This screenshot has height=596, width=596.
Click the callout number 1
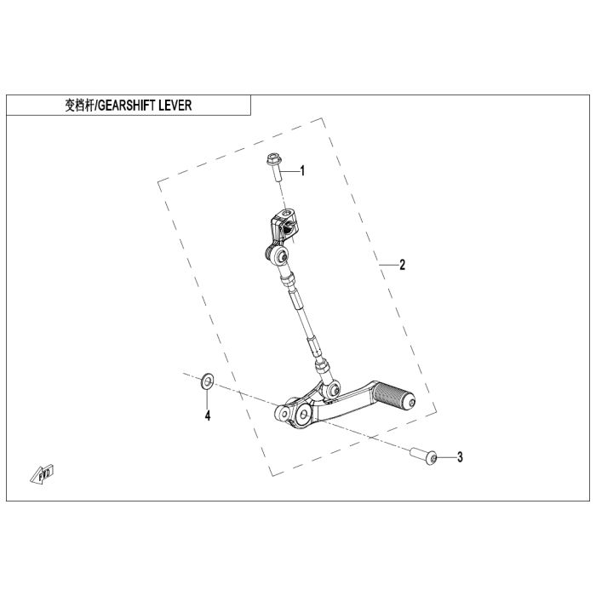pos(301,171)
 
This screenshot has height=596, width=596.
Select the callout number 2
pos(403,265)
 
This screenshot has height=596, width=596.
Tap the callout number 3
pos(460,458)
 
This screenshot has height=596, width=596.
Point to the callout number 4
pos(205,416)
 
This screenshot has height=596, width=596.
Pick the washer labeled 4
pos(207,381)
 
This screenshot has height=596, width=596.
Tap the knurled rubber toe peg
pos(393,397)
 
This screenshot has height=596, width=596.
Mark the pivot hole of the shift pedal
pos(301,415)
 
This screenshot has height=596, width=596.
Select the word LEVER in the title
pos(187,106)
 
